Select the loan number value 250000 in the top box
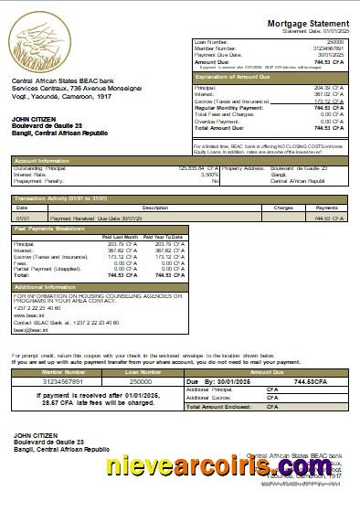pos(335,42)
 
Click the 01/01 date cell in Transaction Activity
pos(23,219)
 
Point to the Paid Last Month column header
pos(118,237)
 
